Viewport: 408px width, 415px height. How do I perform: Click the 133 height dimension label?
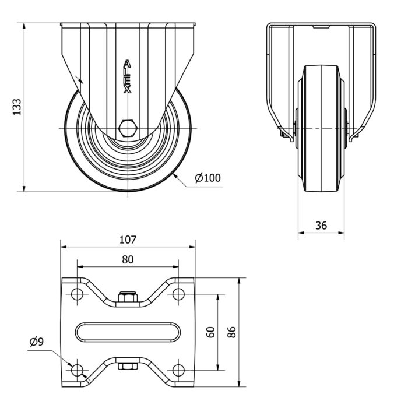pyautogui.click(x=17, y=106)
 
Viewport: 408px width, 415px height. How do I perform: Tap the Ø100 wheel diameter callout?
pyautogui.click(x=208, y=178)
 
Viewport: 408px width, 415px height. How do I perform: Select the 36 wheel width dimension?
pyautogui.click(x=321, y=226)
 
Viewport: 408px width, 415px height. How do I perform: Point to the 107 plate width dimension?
pyautogui.click(x=128, y=239)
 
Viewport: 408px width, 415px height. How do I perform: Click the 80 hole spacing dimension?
pyautogui.click(x=128, y=259)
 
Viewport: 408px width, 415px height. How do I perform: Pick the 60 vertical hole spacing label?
pyautogui.click(x=211, y=332)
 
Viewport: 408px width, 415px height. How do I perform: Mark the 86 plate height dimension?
pyautogui.click(x=231, y=332)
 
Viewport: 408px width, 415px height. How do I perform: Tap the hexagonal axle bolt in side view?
pyautogui.click(x=128, y=128)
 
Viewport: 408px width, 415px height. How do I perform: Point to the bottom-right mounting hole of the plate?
pyautogui.click(x=178, y=369)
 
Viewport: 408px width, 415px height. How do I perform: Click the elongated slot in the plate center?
pyautogui.click(x=128, y=332)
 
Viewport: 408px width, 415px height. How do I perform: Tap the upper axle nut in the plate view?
pyautogui.click(x=128, y=297)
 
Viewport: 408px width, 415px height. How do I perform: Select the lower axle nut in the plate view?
pyautogui.click(x=128, y=366)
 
